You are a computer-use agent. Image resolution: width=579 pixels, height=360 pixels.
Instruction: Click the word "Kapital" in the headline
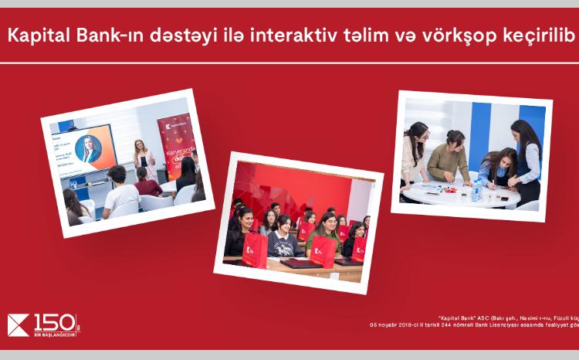pyautogui.click(x=35, y=36)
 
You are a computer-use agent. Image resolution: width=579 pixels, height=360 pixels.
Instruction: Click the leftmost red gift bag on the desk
pyautogui.click(x=255, y=249)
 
